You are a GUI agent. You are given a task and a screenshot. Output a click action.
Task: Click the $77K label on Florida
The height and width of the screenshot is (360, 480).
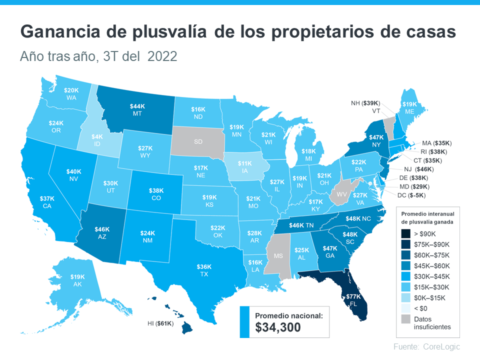coord(352,296)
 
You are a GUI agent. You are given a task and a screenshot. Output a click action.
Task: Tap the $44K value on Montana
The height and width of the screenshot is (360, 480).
coord(137,106)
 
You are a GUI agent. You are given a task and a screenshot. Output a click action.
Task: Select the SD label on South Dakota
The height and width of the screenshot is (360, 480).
coord(198,141)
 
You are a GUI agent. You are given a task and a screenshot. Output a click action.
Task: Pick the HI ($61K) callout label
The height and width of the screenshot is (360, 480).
coord(158,324)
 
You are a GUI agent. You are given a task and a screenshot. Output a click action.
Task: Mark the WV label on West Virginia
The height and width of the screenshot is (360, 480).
coord(341,193)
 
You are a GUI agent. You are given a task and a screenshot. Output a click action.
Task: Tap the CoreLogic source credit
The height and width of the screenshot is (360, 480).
coord(441,347)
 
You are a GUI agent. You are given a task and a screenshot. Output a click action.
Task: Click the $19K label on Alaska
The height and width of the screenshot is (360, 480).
coord(77,276)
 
